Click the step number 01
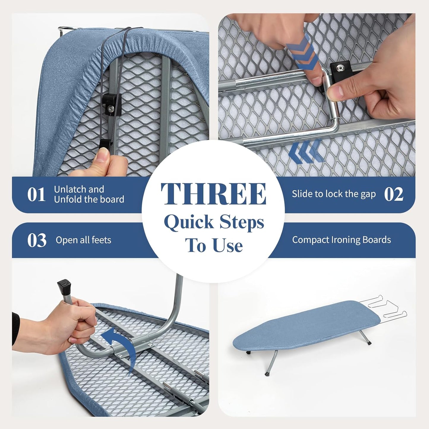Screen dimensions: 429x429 tap(36, 195)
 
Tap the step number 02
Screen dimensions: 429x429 tap(393, 194)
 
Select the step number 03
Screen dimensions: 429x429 tap(37, 240)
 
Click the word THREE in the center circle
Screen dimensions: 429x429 tap(213, 194)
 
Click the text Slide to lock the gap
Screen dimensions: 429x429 tap(333, 194)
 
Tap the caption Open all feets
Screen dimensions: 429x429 tap(83, 240)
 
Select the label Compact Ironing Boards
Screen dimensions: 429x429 tap(341, 240)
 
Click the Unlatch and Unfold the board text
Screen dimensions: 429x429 tap(89, 194)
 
